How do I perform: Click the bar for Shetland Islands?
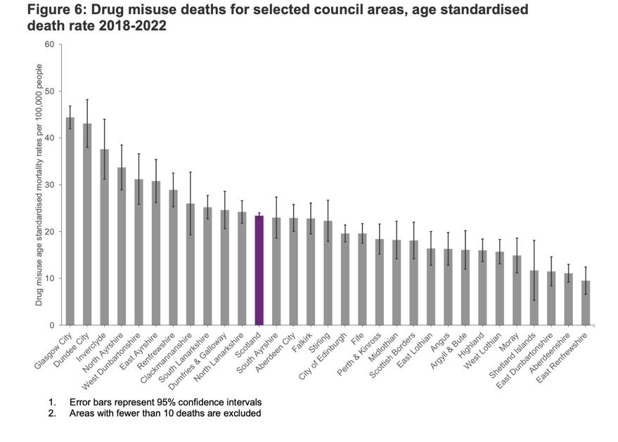point(534,298)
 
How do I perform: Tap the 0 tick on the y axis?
point(51,325)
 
